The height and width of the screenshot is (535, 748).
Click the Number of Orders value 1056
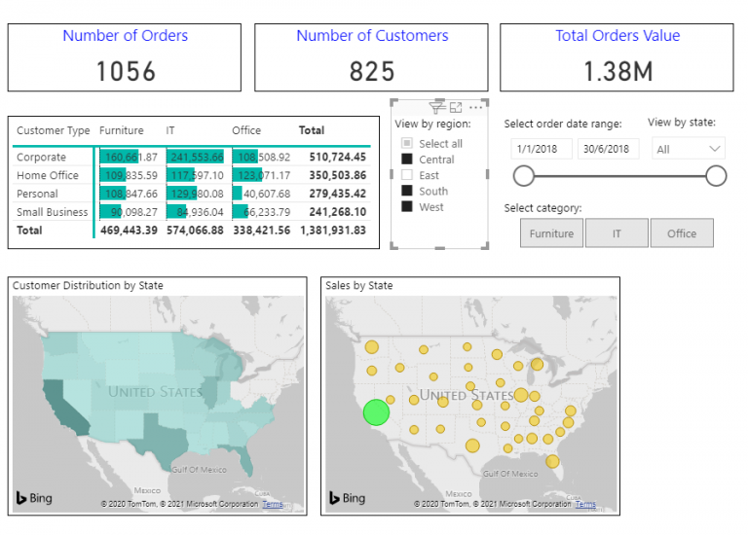point(125,70)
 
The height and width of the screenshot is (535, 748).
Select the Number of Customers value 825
point(372,70)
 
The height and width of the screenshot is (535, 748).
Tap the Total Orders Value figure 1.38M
point(617,70)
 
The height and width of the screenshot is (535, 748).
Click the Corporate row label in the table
point(41,157)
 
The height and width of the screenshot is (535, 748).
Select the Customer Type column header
point(53,130)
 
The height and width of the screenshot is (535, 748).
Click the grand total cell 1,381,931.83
point(332,230)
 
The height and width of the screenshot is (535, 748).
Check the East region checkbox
point(407,175)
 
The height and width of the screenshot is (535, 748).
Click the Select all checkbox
point(407,143)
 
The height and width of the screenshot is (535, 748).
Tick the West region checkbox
point(407,207)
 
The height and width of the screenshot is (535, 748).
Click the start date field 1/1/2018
point(541,149)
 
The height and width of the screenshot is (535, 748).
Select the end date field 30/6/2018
point(607,149)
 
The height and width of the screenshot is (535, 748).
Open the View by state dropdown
point(689,149)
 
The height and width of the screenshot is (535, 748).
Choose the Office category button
point(682,233)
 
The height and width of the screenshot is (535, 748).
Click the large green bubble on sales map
point(376,412)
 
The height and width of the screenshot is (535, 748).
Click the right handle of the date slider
point(716,175)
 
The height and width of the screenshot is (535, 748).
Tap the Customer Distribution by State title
point(89,286)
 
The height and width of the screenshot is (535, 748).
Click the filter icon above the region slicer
point(437,106)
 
